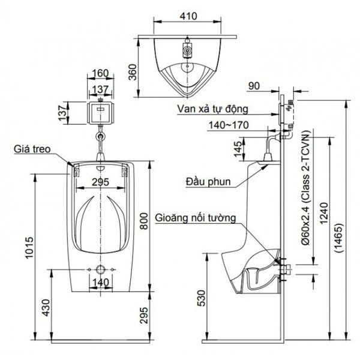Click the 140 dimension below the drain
[x=100, y=281]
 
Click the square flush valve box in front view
[x=101, y=112]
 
